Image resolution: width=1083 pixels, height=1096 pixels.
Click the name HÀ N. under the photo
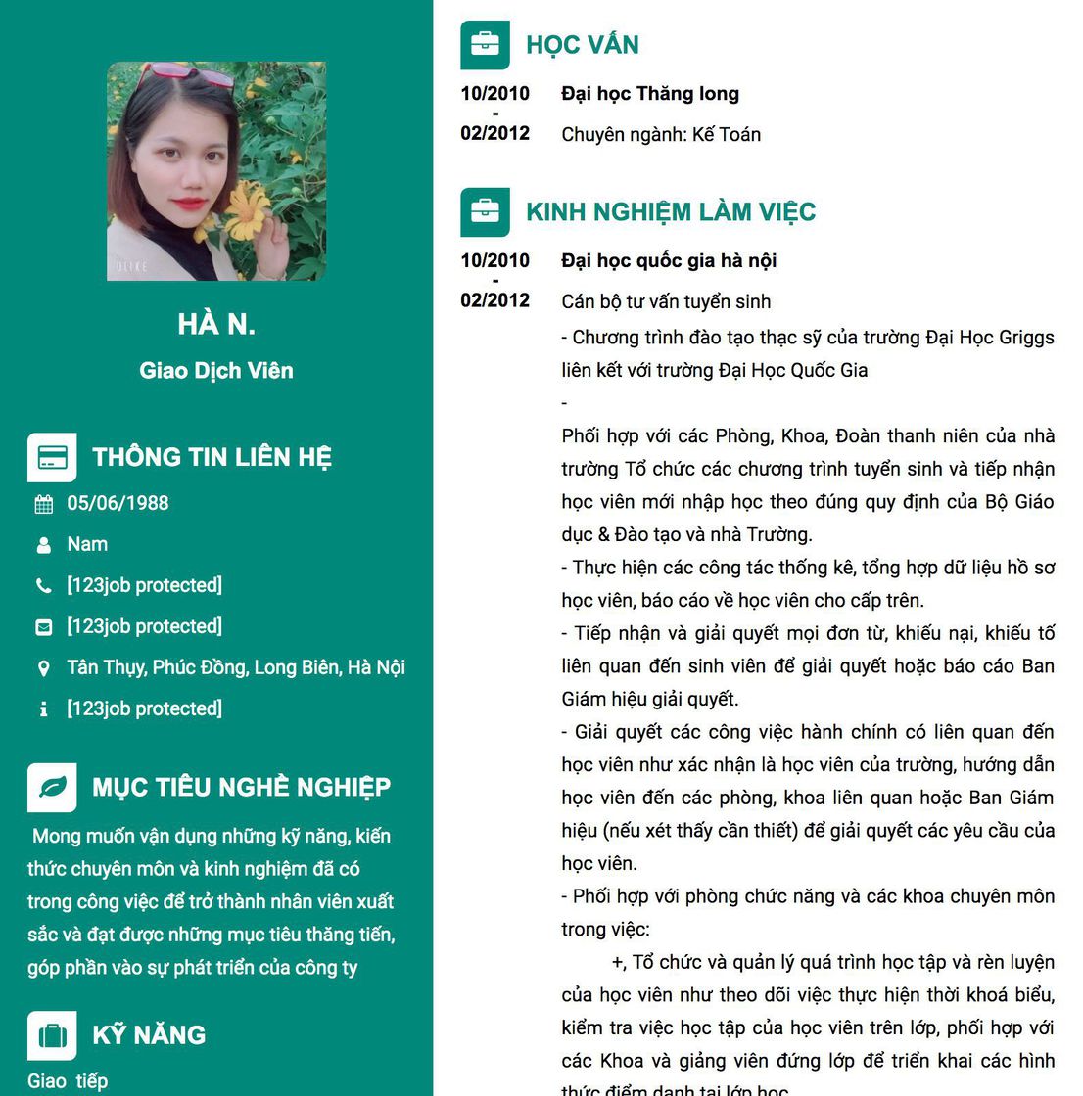coord(216,324)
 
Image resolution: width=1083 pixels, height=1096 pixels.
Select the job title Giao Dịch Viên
coord(216,371)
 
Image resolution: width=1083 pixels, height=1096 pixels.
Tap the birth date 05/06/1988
coord(118,503)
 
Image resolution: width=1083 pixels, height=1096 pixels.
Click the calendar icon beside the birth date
coord(44,504)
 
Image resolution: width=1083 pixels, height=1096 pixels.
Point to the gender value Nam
coord(87,544)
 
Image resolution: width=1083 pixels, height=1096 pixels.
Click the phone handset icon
coord(44,586)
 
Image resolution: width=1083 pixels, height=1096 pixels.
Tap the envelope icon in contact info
coord(44,627)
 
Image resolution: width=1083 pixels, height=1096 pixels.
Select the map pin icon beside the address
coord(44,668)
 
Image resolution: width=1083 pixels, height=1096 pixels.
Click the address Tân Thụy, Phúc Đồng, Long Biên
coord(235,667)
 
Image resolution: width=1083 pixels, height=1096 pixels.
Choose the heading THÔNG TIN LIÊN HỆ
coord(212,457)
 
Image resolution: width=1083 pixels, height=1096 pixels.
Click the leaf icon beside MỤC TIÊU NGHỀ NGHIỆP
coord(52,787)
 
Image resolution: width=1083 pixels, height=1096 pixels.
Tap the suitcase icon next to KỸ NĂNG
coord(52,1035)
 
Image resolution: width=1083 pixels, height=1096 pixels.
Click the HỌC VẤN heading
coord(582,45)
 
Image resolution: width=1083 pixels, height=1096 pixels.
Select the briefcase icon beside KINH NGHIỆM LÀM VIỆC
coord(485,211)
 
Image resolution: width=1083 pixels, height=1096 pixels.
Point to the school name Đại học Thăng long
coord(650,94)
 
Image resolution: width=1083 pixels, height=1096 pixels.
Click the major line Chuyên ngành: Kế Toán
coord(661,135)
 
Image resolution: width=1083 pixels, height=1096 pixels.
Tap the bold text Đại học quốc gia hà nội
coord(669,260)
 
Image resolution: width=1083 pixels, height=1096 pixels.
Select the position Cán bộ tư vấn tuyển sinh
coord(666,301)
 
